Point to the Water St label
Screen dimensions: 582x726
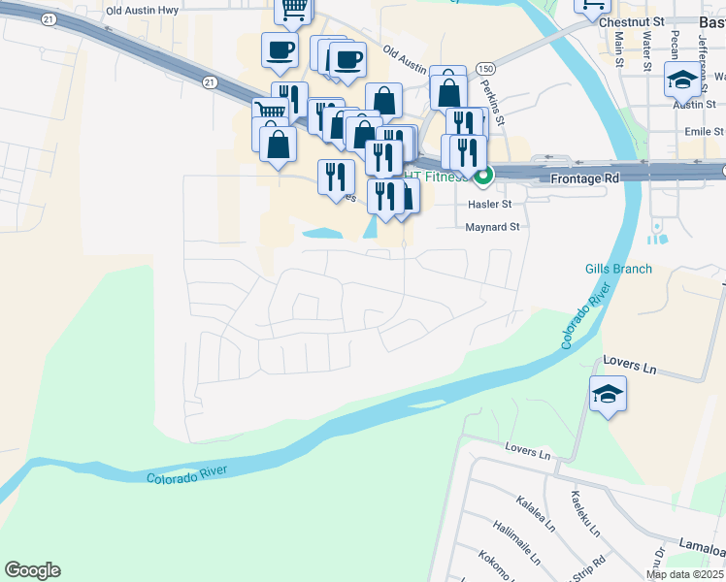646,50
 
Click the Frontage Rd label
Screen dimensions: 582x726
584,179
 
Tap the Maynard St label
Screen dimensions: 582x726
493,227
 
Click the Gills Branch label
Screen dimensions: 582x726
618,269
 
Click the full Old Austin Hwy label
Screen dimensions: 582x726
142,11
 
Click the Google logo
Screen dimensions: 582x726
32,570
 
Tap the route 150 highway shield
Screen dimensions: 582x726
486,69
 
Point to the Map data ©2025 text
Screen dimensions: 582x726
684,574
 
